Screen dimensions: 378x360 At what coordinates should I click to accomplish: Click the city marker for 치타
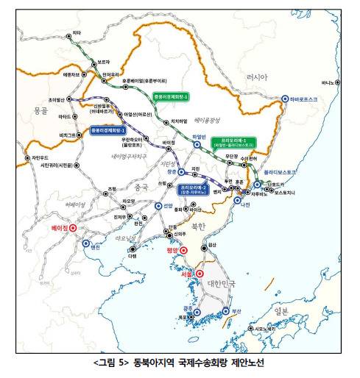click(67, 33)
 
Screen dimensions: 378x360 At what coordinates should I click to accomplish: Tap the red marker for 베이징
click(73, 228)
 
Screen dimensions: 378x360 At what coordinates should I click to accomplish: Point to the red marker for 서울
click(198, 274)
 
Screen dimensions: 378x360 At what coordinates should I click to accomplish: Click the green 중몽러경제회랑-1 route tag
click(171, 96)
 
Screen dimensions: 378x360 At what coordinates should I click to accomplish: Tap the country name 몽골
click(40, 110)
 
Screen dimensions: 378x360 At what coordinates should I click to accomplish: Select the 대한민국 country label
click(220, 282)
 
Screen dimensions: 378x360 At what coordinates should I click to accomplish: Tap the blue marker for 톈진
click(86, 243)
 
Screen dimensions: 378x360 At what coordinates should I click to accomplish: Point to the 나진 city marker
click(237, 199)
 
